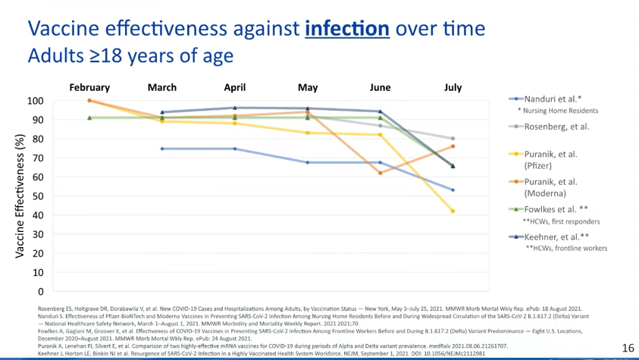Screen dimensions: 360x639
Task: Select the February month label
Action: point(89,88)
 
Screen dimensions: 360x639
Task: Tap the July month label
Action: point(453,88)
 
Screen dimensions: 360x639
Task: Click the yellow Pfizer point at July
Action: point(453,211)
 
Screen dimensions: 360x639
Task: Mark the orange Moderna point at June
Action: point(381,173)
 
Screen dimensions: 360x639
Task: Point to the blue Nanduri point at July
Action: point(453,190)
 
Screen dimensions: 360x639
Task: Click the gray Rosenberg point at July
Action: point(453,139)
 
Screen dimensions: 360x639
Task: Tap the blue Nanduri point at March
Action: point(162,149)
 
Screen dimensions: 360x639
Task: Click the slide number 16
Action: point(628,348)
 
